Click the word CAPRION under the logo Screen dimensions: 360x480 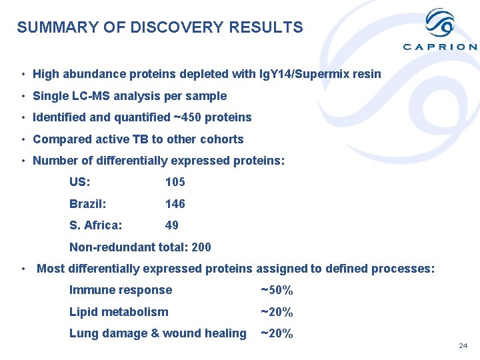pos(440,47)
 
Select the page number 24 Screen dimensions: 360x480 pos(463,346)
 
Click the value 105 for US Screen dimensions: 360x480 pos(175,182)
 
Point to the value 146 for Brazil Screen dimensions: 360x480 pos(175,204)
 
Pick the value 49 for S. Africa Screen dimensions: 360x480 pos(171,226)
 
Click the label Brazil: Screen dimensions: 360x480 pos(87,204)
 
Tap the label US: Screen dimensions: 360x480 pos(80,182)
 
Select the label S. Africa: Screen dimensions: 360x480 pos(95,226)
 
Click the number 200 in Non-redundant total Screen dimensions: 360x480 pos(201,247)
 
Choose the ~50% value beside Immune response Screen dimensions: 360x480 pos(277,291)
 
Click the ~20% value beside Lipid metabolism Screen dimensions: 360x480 pos(277,312)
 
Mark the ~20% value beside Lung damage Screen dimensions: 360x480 pos(277,334)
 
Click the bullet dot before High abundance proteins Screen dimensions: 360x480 pos(23,74)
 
